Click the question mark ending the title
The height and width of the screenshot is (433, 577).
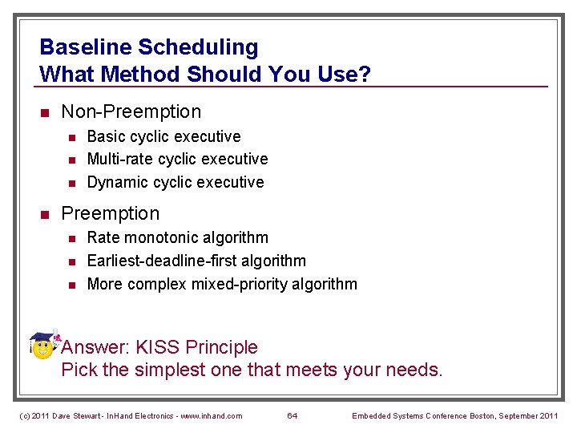pyautogui.click(x=365, y=75)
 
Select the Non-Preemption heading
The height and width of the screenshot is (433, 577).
pyautogui.click(x=131, y=111)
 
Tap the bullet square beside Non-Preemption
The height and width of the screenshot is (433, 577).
pyautogui.click(x=46, y=112)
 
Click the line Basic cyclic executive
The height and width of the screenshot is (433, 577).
pyautogui.click(x=163, y=136)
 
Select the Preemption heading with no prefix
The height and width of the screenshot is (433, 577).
pyautogui.click(x=111, y=213)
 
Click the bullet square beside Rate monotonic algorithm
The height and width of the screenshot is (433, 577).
pyautogui.click(x=71, y=238)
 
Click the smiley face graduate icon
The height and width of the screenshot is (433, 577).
pyautogui.click(x=44, y=346)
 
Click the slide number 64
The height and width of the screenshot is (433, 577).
pyautogui.click(x=293, y=415)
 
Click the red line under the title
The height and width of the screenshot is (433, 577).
pyautogui.click(x=293, y=87)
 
